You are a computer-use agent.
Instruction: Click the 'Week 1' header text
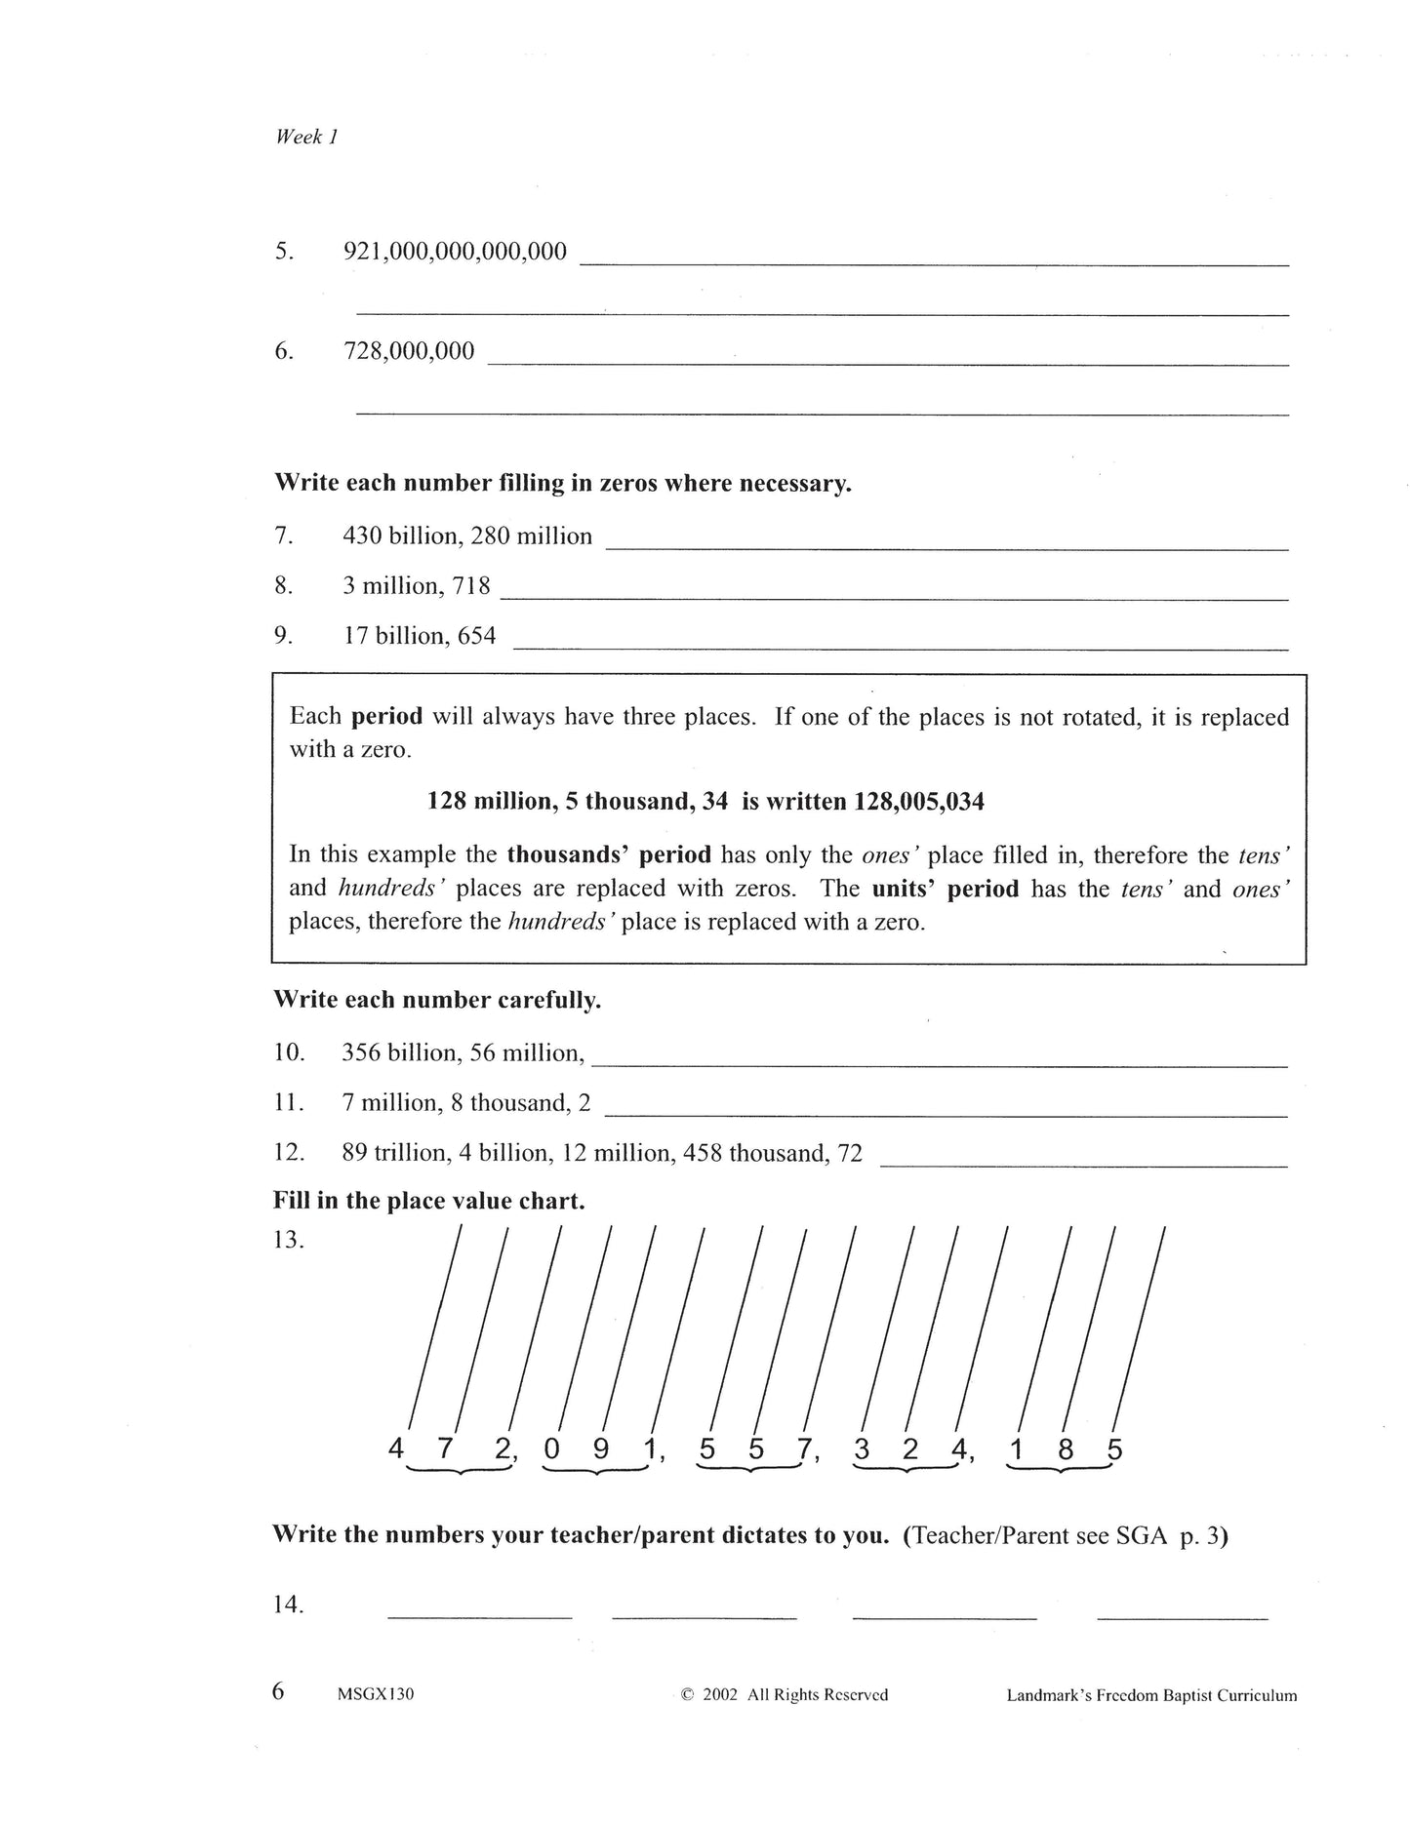coord(305,138)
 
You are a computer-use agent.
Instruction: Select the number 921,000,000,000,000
coord(455,252)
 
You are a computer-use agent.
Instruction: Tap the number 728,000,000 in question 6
coord(409,351)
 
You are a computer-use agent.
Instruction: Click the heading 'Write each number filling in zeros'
coord(562,484)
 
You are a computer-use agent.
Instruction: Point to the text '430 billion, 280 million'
coord(467,536)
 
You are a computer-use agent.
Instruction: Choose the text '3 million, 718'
coord(417,586)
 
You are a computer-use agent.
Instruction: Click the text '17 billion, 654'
coord(420,636)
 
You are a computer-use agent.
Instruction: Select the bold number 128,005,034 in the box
coord(919,802)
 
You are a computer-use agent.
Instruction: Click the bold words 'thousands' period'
coord(609,854)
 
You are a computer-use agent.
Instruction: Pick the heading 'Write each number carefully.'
coord(437,1001)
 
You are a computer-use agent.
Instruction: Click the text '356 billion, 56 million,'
coord(463,1053)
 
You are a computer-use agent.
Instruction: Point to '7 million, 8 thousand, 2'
coord(466,1103)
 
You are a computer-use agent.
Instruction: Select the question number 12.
coord(289,1153)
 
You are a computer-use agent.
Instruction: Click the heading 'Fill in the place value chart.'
coord(429,1201)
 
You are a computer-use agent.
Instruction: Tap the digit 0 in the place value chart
coord(552,1450)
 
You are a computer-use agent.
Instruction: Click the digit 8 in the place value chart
coord(1066,1450)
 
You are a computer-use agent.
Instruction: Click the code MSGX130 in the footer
coord(376,1694)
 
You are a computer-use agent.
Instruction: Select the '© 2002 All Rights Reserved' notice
coord(785,1694)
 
